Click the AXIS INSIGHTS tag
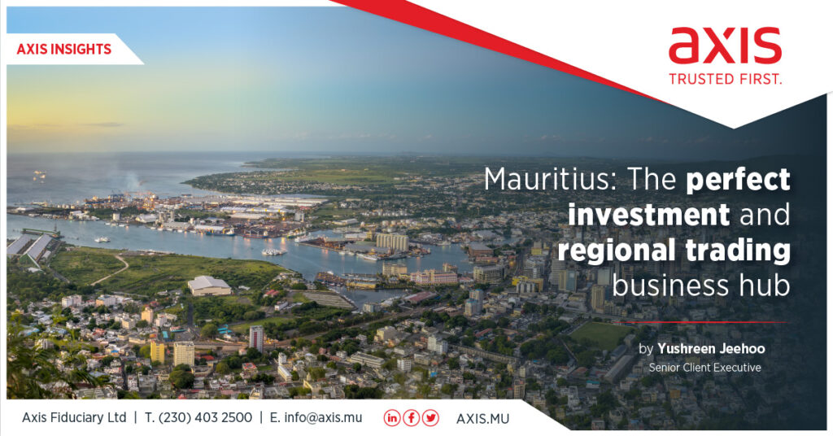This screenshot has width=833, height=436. [64, 50]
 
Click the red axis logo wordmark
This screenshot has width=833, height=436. [725, 46]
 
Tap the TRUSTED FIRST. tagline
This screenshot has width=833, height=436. [725, 79]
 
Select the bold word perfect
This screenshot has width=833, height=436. [738, 181]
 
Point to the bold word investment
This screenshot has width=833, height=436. [648, 215]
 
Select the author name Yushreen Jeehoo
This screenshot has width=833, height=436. [711, 349]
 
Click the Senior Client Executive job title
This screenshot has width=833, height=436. [705, 368]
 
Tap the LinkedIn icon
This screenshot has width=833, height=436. [392, 418]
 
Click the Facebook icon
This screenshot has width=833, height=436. [411, 418]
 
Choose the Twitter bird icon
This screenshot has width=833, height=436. [430, 418]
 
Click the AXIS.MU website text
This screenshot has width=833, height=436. [482, 419]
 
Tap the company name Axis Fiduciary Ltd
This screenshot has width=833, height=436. [74, 418]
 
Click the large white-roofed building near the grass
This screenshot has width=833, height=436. [209, 286]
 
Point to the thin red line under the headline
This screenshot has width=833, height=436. [704, 322]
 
